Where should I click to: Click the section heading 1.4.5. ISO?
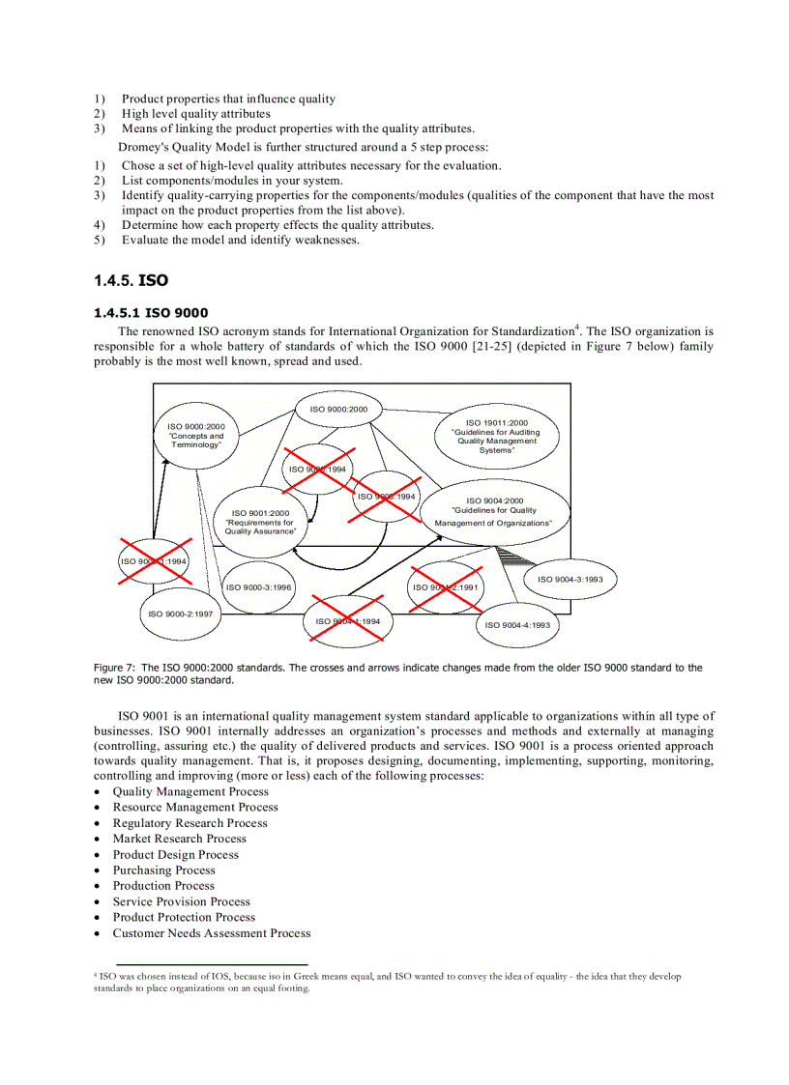tap(131, 280)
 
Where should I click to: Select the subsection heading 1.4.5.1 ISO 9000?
tap(150, 312)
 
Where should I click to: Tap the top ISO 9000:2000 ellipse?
tap(338, 409)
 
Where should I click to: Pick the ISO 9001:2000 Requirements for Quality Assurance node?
tap(260, 522)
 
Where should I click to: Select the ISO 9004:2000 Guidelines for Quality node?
tap(494, 512)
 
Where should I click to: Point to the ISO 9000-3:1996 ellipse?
tap(258, 586)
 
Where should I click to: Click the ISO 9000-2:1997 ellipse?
tap(180, 614)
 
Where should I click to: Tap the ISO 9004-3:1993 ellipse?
tap(570, 579)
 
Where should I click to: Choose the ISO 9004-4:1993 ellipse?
tap(517, 624)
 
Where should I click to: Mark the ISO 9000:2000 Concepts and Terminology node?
tap(196, 435)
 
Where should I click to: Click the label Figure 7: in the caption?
tap(114, 668)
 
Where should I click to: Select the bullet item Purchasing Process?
tap(163, 870)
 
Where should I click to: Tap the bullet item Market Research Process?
tap(179, 839)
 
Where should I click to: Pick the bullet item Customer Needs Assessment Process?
tap(211, 933)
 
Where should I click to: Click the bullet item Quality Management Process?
tap(190, 791)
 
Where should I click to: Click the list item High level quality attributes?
tap(195, 113)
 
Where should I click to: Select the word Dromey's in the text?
tap(143, 147)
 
